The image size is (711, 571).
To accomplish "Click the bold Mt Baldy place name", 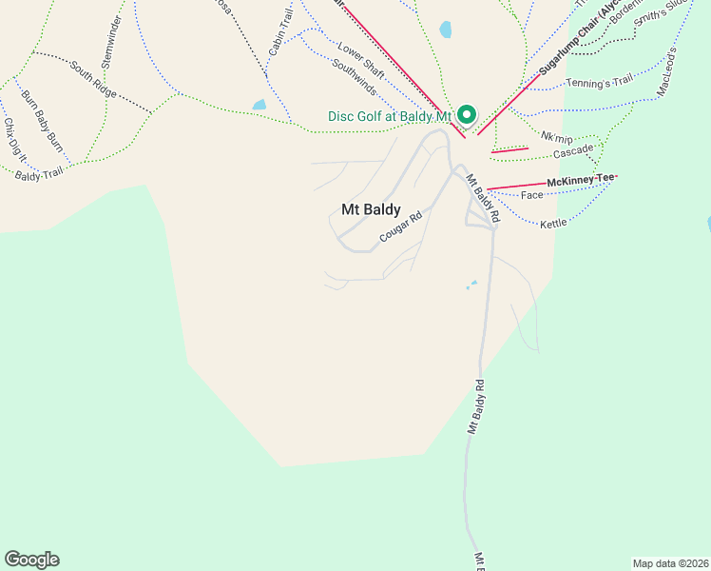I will coord(371,209).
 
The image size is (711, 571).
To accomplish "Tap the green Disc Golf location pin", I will coord(467,114).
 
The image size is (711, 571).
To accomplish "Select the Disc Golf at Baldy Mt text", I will coord(389,116).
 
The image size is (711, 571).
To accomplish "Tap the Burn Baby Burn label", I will coord(42,120).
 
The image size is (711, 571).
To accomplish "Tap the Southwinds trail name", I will coord(355,76).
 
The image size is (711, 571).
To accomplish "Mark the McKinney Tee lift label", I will coord(581,180).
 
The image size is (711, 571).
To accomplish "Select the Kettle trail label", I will coord(553,223).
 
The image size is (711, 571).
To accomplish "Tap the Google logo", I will coord(31,560).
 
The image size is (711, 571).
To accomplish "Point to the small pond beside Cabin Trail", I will coord(259,105).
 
